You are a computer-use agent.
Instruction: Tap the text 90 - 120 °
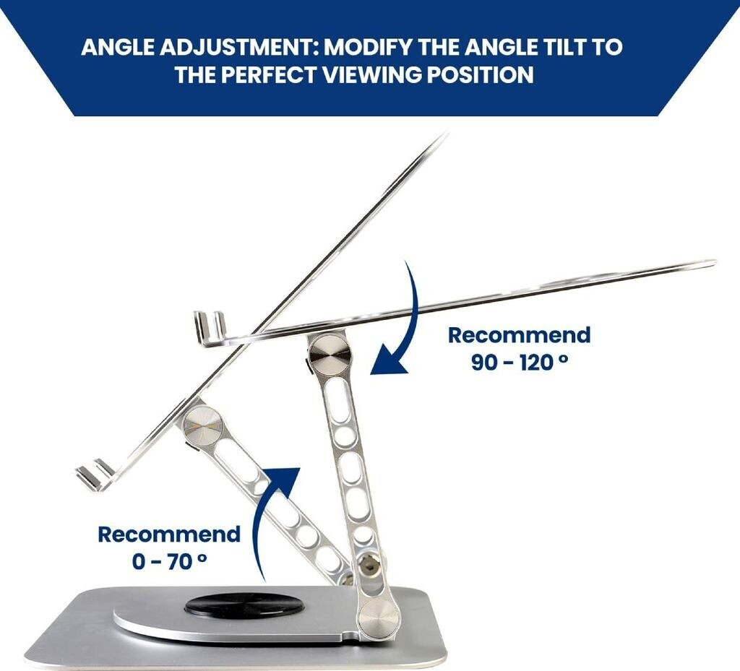click(x=519, y=363)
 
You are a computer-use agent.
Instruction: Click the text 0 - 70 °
click(x=169, y=561)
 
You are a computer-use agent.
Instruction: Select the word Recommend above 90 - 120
click(x=519, y=335)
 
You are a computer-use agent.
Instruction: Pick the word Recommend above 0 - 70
click(x=169, y=534)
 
